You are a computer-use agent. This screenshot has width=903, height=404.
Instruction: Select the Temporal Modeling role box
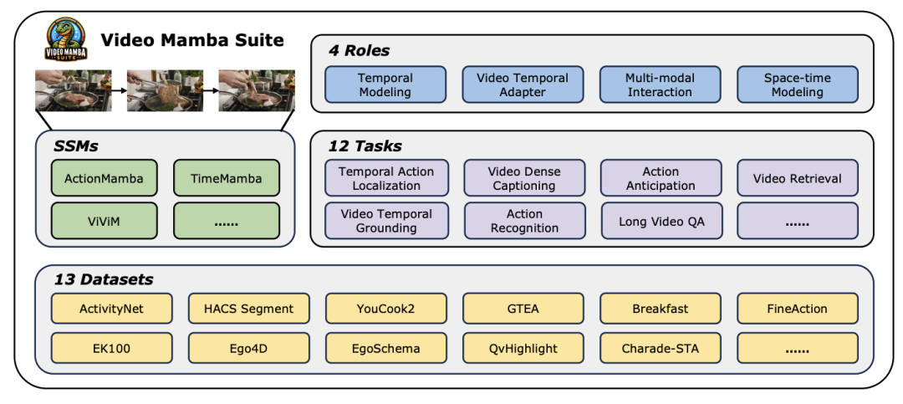pyautogui.click(x=385, y=84)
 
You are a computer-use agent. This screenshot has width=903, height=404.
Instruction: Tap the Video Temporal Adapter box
pyautogui.click(x=523, y=84)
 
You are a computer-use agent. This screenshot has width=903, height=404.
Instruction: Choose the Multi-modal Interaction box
pyautogui.click(x=660, y=84)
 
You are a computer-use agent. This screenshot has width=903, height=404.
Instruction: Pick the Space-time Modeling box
pyautogui.click(x=797, y=84)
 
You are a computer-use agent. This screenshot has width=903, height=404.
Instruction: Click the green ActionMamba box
pyautogui.click(x=104, y=178)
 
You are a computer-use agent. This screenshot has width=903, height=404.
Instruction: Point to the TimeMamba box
pyautogui.click(x=226, y=178)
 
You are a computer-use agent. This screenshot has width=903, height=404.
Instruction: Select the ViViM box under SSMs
pyautogui.click(x=104, y=221)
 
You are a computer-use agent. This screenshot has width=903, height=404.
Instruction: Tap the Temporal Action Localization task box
pyautogui.click(x=386, y=178)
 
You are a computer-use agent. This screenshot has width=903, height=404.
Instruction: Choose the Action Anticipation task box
pyautogui.click(x=661, y=178)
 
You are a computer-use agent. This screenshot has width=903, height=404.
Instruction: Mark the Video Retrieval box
pyautogui.click(x=798, y=178)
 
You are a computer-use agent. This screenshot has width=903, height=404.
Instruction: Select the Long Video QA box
pyautogui.click(x=661, y=221)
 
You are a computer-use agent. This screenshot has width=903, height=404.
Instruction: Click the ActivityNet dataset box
pyautogui.click(x=111, y=309)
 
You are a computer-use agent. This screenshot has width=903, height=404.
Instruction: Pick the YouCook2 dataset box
pyautogui.click(x=385, y=309)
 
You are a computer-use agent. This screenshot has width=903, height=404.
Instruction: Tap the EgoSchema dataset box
pyautogui.click(x=385, y=348)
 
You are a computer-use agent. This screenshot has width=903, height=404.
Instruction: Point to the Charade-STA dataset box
pyautogui.click(x=661, y=348)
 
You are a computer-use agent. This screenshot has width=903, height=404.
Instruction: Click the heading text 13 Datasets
pyautogui.click(x=104, y=279)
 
